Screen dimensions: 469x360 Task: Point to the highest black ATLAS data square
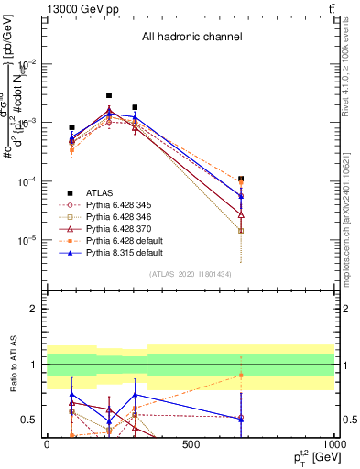click(x=109, y=95)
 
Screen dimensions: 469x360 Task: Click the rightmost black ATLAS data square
click(x=241, y=180)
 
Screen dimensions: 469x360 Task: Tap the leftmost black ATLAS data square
click(x=71, y=127)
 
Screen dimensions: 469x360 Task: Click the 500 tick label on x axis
click(x=191, y=443)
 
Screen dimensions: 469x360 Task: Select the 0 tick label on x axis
click(x=47, y=443)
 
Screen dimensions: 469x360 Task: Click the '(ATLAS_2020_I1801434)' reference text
click(x=191, y=274)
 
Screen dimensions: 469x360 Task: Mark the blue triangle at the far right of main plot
click(x=241, y=196)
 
